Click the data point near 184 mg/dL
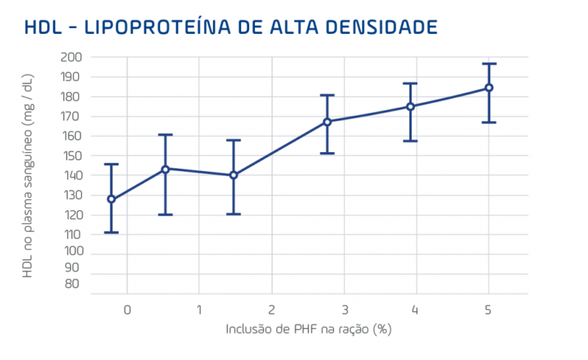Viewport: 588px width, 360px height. [x=488, y=88]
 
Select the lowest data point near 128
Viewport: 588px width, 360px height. [x=111, y=199]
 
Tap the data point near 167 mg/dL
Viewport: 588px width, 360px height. [x=327, y=121]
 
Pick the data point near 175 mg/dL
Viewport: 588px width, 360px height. [x=410, y=107]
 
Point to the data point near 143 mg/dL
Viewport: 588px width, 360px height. [x=165, y=169]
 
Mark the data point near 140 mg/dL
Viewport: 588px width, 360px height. [x=233, y=175]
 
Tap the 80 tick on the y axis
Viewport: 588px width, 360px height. [x=73, y=284]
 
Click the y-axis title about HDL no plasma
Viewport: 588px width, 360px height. [x=28, y=176]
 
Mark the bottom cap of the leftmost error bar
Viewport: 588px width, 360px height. [x=111, y=232]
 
